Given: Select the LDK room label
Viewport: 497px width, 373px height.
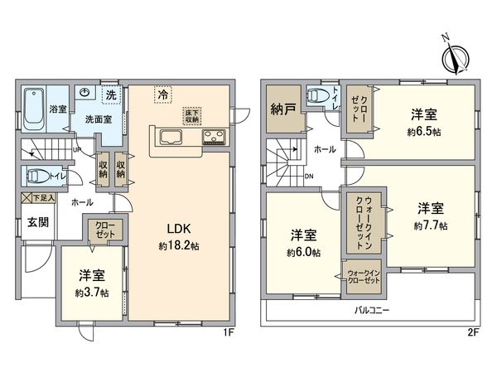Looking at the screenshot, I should [x=182, y=227].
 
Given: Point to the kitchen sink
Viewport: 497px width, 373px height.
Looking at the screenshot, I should [x=171, y=138].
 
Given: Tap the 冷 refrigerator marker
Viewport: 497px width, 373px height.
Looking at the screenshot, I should [x=163, y=95].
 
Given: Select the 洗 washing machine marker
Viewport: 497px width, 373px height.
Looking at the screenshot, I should [x=110, y=94].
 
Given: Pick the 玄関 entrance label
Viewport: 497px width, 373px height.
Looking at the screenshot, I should [x=37, y=222].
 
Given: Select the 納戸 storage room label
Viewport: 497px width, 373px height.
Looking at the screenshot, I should [x=282, y=108].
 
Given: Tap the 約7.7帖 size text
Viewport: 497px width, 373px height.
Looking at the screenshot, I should [x=431, y=225].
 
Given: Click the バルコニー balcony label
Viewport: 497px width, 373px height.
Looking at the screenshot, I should [x=374, y=310].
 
